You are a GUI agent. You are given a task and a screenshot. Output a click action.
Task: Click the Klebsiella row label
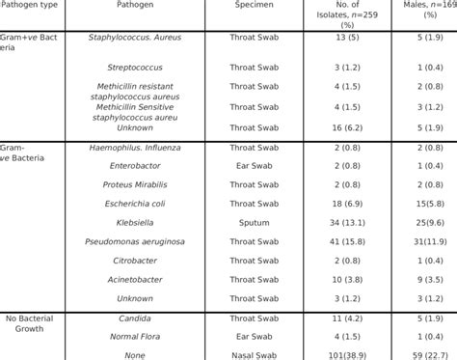[134, 221]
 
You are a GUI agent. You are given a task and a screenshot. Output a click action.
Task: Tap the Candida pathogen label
[134, 317]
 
